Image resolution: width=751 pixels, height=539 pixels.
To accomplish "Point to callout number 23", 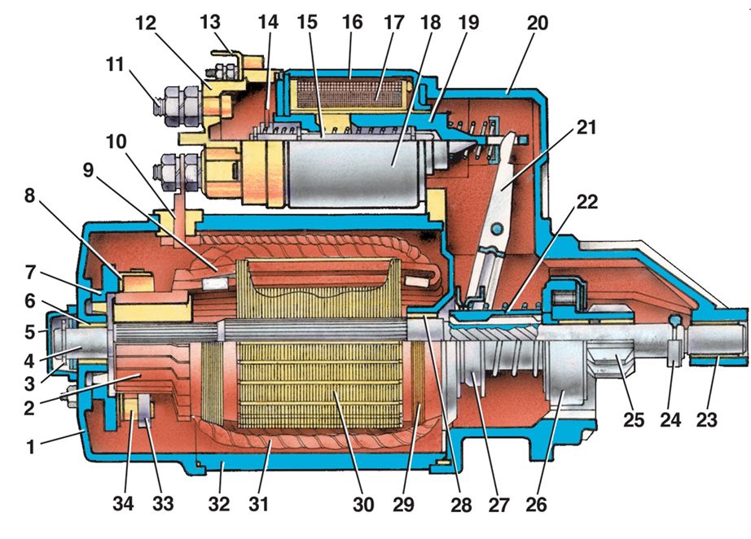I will [x=712, y=420].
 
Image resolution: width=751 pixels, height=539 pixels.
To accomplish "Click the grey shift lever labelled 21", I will [x=498, y=187].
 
